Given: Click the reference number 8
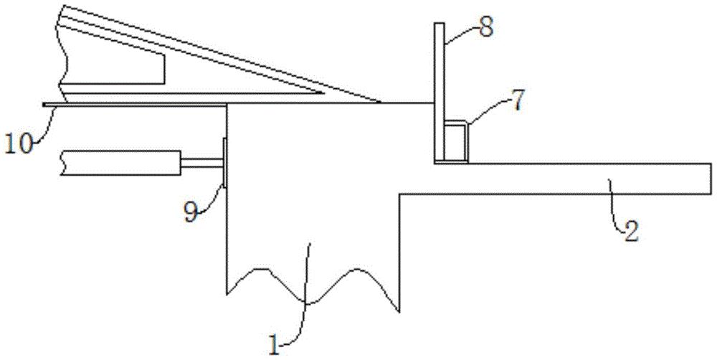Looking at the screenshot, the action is coord(485,27).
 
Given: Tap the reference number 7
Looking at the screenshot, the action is coord(516,102).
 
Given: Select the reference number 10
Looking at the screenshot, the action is coord(19,143).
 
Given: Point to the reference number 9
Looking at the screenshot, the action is coord(191,213).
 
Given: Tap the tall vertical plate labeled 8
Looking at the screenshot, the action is coord(439,93).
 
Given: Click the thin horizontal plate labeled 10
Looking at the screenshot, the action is coord(135,105).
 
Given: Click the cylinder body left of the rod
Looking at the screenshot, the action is coord(120,162).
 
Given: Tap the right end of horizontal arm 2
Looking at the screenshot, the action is coord(711,179).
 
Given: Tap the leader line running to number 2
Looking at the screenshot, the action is coord(615,207).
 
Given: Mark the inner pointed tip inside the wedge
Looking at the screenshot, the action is coord(324,93).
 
